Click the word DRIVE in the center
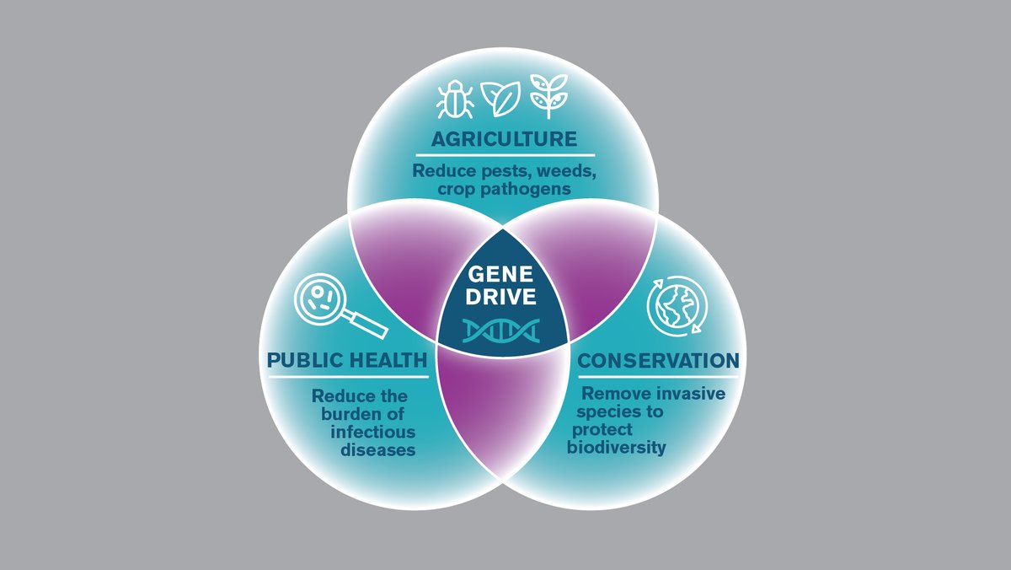tap(503, 297)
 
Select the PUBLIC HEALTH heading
tap(347, 361)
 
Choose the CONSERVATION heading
tap(658, 361)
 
